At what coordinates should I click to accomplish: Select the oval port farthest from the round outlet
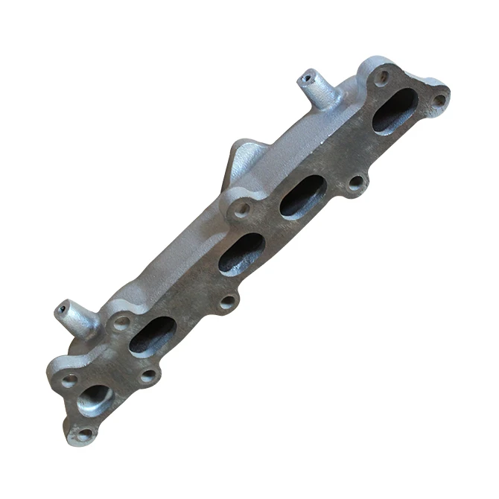click(x=395, y=109)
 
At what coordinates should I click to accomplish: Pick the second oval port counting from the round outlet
click(x=241, y=253)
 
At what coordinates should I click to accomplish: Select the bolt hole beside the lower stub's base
click(x=121, y=323)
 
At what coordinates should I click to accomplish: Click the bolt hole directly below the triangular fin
click(x=241, y=209)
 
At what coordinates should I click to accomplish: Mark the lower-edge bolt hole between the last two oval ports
click(x=356, y=181)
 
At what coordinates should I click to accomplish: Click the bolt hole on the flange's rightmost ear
click(x=439, y=98)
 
